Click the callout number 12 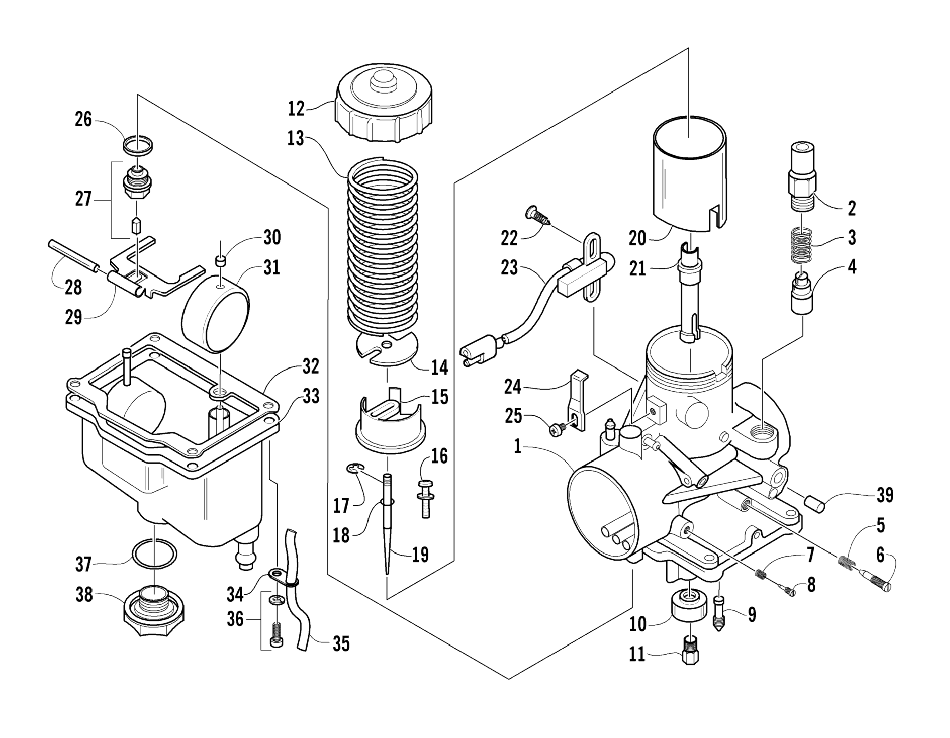pyautogui.click(x=296, y=108)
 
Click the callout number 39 pyautogui.click(x=885, y=496)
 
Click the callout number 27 pyautogui.click(x=83, y=199)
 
